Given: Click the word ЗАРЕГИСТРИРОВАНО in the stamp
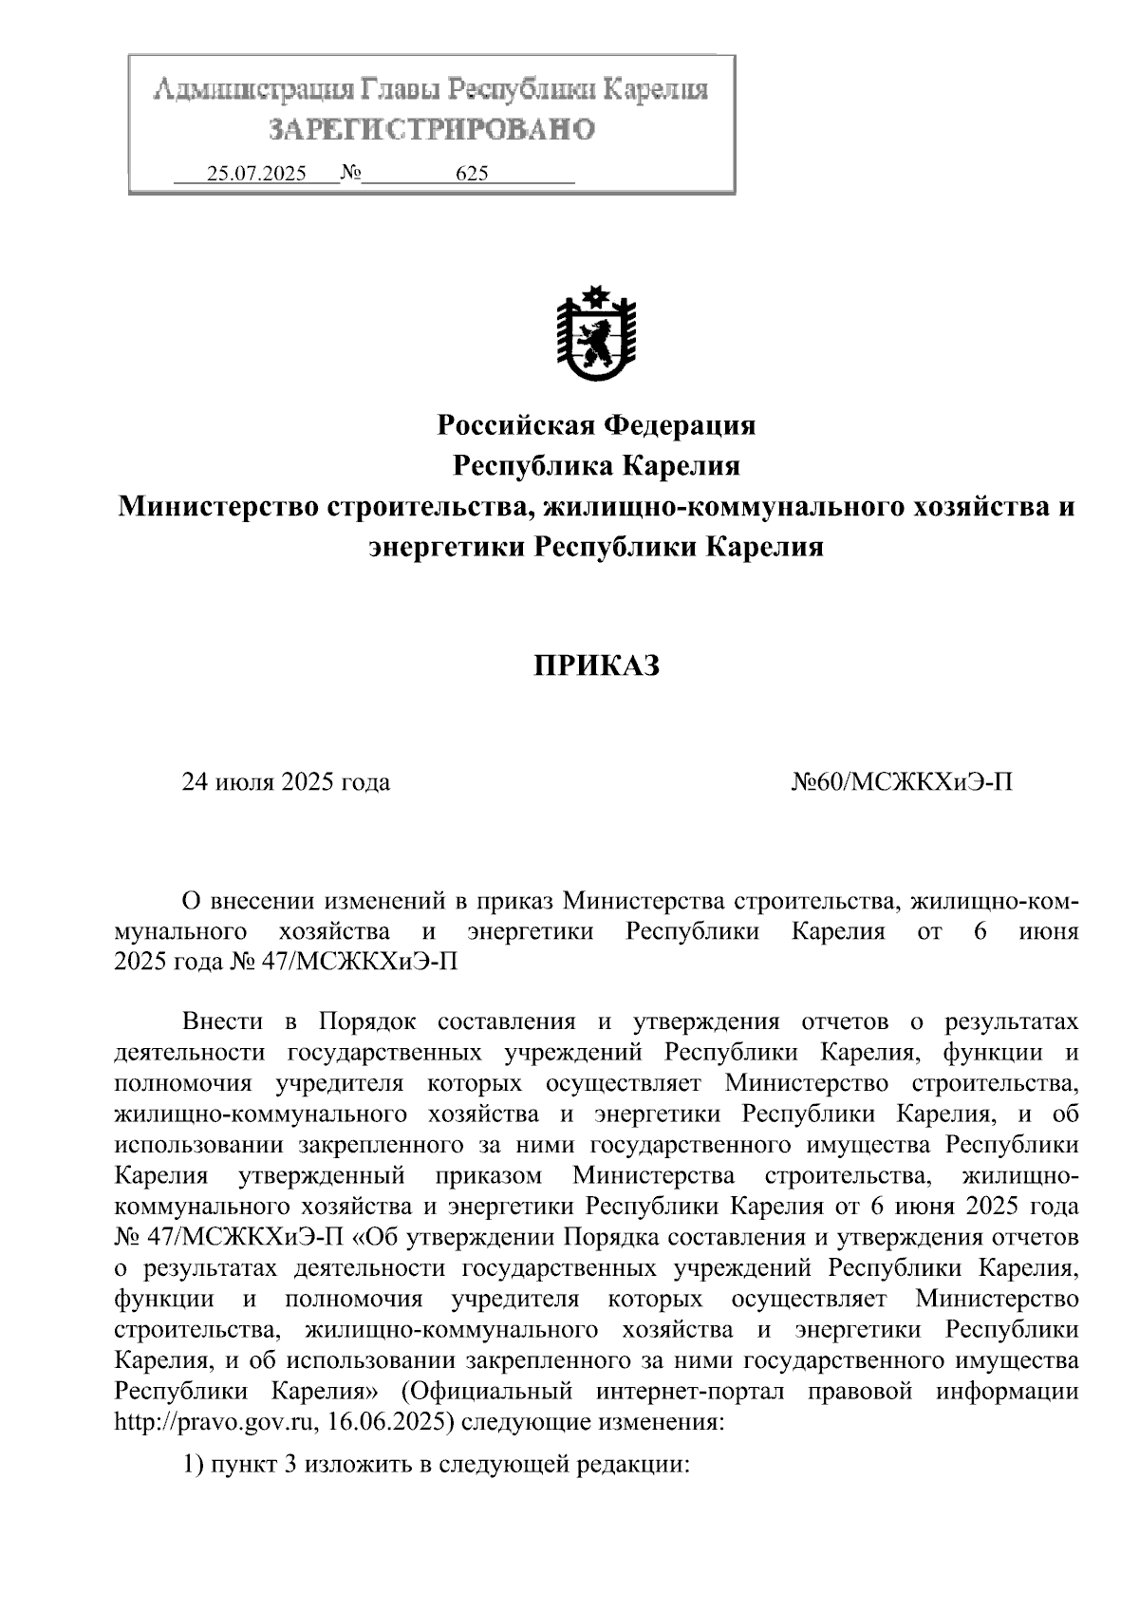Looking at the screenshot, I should click(432, 130).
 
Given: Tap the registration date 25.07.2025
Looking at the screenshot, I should click(256, 174).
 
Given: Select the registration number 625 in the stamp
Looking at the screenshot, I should click(472, 174).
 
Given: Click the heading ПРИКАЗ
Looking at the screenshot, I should click(595, 665).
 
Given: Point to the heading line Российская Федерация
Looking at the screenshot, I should click(596, 424).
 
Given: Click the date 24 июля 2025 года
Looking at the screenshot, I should click(286, 782).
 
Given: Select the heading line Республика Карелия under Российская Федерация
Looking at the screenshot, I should click(596, 465).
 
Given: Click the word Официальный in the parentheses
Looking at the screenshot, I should click(489, 1392).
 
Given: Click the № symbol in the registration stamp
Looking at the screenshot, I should click(350, 174).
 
